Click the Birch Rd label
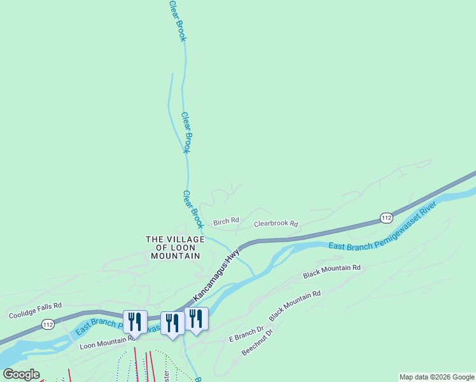pyautogui.click(x=226, y=222)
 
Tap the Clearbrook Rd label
pyautogui.click(x=276, y=224)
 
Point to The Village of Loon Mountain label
pyautogui.click(x=175, y=247)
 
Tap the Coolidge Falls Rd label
pyautogui.click(x=35, y=310)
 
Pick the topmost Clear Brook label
pyautogui.click(x=178, y=20)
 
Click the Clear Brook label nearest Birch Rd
pyautogui.click(x=193, y=209)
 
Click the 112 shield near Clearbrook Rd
pyautogui.click(x=386, y=217)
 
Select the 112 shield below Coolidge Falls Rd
pyautogui.click(x=48, y=325)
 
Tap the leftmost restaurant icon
pyautogui.click(x=135, y=321)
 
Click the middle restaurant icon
pyautogui.click(x=172, y=323)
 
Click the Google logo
pyautogui.click(x=21, y=374)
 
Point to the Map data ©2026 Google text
pyautogui.click(x=437, y=377)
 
